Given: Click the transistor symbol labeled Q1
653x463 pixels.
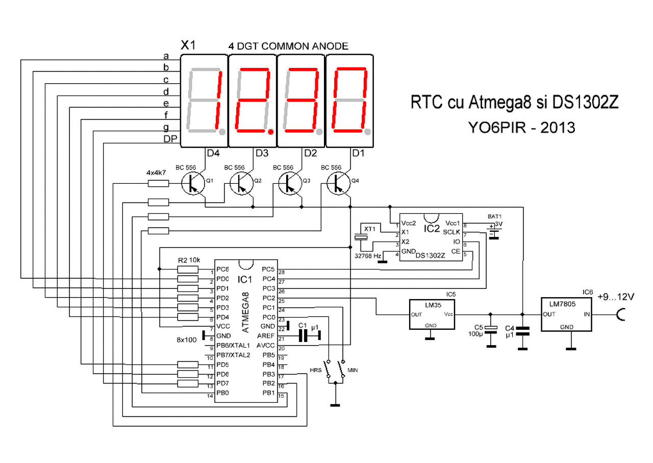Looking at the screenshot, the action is point(193,183).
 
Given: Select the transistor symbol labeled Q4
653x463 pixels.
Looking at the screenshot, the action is point(338,183).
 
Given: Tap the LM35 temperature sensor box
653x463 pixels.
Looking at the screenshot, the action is point(432,314).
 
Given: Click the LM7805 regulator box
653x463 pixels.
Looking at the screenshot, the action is point(566,314).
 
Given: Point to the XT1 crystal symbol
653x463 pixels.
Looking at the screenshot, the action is point(361,237).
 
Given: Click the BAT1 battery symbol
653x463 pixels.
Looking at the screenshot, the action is point(493,232).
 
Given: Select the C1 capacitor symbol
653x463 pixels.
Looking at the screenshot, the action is point(303,335).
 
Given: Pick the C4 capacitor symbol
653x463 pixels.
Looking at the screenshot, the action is point(523,331).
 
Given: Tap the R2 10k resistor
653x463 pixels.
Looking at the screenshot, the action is point(188,270).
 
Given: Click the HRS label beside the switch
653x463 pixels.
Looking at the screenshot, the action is point(315,370).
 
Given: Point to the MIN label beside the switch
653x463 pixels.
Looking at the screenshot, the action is point(353,370).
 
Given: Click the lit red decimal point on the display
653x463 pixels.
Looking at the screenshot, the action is point(271,132).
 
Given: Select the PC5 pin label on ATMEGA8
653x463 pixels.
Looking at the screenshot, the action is point(268,269).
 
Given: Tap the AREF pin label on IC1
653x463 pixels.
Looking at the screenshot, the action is point(266,336).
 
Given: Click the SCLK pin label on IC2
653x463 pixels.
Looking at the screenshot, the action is point(451,232).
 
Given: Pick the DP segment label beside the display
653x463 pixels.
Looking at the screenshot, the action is point(170,139).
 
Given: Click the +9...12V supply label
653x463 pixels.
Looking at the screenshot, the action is point(616,297).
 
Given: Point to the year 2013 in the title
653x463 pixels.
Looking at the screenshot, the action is point(558,128).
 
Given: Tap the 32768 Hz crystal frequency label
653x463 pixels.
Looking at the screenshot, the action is point(368,256).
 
